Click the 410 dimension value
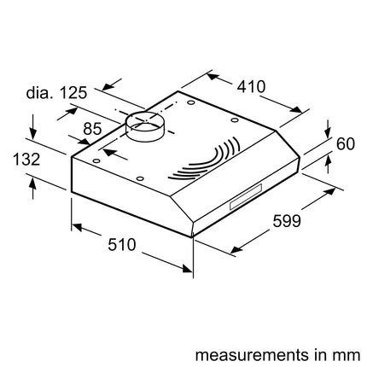[x=251, y=86]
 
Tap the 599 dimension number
[x=287, y=221]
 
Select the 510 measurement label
[x=122, y=245]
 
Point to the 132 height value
[x=26, y=159]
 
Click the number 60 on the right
[x=346, y=144]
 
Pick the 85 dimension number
[x=92, y=129]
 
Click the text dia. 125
[x=56, y=93]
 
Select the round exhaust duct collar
[x=144, y=126]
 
